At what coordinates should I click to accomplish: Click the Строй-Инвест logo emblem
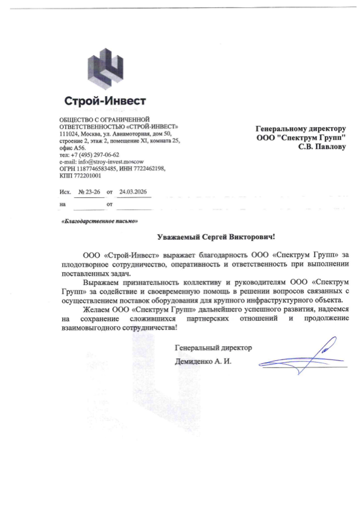(106, 67)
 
